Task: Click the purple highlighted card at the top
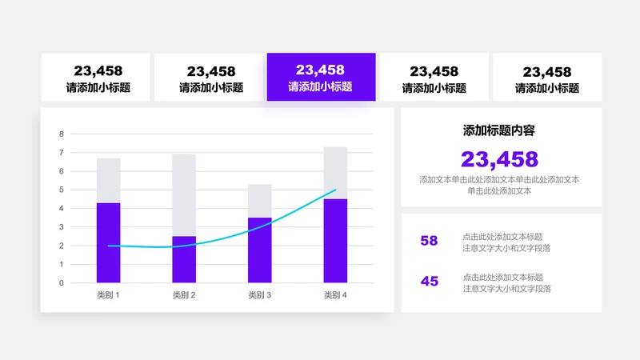click(x=321, y=78)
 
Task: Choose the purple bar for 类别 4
click(x=335, y=240)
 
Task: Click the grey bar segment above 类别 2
click(x=184, y=195)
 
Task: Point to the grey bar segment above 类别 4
click(x=335, y=173)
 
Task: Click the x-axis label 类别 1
click(x=108, y=295)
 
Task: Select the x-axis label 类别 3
click(x=260, y=295)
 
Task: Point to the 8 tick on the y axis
click(x=62, y=134)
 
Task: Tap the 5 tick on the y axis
click(x=62, y=190)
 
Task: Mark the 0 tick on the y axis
click(x=62, y=282)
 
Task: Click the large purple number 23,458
click(x=500, y=159)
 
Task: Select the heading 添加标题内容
click(x=500, y=130)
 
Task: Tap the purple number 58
click(x=430, y=241)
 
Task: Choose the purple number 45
click(x=430, y=282)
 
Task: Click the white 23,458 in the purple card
click(x=320, y=70)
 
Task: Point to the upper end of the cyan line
click(x=335, y=190)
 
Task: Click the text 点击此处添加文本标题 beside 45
click(x=502, y=277)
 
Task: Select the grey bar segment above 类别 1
click(x=108, y=180)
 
